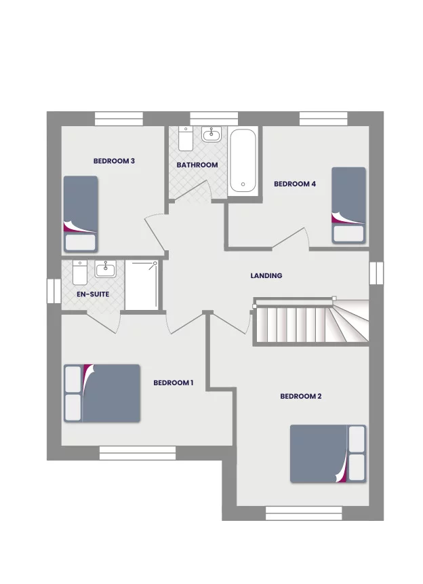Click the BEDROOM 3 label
click(115, 161)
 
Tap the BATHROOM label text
click(197, 165)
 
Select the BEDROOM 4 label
click(295, 184)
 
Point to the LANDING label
click(266, 276)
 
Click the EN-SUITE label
click(92, 295)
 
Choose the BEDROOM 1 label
click(174, 383)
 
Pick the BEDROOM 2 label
click(301, 396)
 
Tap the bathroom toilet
click(186, 139)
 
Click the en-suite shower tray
click(142, 286)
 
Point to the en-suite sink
click(106, 270)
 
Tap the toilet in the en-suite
click(79, 273)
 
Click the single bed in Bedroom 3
click(81, 214)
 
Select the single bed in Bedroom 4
click(349, 205)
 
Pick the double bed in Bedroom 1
click(102, 393)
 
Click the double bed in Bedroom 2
click(328, 454)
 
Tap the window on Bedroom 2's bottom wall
click(294, 513)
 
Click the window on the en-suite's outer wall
click(54, 291)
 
